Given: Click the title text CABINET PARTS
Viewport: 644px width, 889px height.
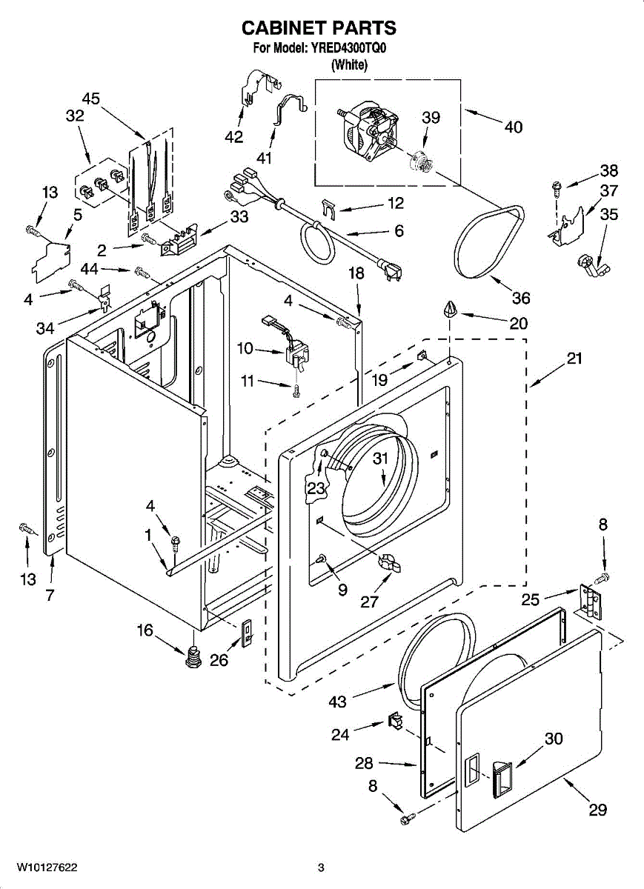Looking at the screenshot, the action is click(x=319, y=28).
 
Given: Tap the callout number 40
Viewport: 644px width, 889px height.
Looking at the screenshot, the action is click(x=513, y=127).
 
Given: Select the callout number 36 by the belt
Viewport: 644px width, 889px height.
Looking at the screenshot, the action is click(x=521, y=298).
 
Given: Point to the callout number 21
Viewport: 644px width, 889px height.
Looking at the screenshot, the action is click(x=574, y=359).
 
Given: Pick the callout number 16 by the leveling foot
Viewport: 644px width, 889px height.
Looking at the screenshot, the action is click(x=145, y=630).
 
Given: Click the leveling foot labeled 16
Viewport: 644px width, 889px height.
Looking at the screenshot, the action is click(x=193, y=655).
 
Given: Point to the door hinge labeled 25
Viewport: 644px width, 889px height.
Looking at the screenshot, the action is click(x=591, y=602).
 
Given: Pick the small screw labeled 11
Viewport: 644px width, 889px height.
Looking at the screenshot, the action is click(x=296, y=392).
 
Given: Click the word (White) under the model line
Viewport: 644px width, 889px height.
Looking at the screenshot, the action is click(x=349, y=64).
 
